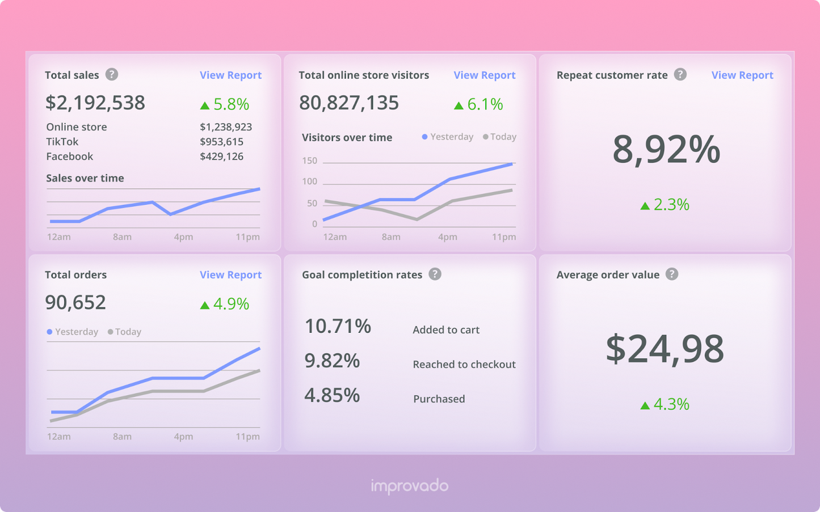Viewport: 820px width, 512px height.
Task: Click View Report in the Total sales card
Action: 230,75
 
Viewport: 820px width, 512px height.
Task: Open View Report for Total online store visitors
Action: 484,75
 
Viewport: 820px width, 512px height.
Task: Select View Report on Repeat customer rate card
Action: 742,75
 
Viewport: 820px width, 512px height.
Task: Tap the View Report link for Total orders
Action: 230,275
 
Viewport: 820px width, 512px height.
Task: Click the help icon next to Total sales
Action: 112,74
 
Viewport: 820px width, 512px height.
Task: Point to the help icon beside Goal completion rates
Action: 435,274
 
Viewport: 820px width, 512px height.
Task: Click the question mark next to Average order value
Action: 672,274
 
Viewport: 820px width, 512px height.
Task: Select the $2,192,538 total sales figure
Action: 95,103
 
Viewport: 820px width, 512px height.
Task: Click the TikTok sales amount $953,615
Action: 221,142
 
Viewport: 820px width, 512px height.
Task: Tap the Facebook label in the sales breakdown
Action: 69,156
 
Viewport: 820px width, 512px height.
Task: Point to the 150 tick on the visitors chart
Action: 310,161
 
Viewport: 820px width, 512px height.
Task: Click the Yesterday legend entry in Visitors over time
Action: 448,137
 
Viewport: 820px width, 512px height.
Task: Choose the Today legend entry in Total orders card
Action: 125,332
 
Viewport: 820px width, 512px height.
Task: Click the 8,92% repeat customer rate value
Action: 666,150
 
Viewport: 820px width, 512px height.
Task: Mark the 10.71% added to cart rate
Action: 338,326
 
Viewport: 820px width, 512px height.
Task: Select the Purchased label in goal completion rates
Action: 439,399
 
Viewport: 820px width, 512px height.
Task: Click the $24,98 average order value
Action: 665,349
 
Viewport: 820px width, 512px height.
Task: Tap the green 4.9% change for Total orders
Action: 225,304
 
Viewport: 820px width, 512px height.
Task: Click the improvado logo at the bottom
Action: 409,486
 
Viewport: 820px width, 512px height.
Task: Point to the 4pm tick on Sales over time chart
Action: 183,237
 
